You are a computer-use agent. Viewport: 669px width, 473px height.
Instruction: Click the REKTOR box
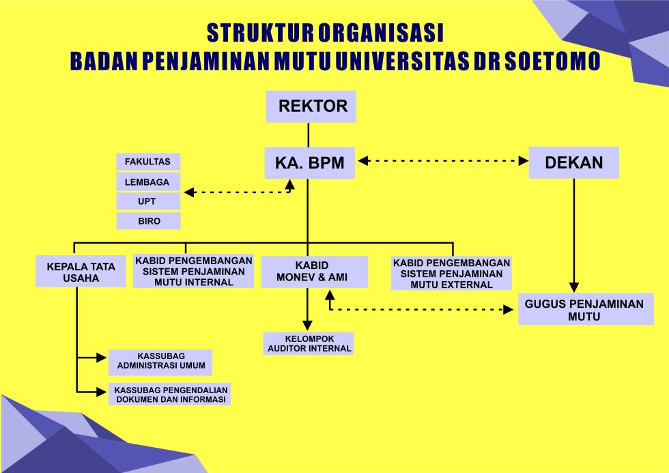coord(311,106)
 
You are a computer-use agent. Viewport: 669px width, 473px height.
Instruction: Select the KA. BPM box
coord(310,163)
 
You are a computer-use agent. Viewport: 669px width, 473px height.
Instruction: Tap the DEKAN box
coord(573,163)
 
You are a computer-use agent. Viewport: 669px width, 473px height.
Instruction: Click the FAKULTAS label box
coord(148,162)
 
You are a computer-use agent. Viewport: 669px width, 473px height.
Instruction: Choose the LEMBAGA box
coord(148,182)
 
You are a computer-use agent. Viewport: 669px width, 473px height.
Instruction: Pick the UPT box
coord(148,201)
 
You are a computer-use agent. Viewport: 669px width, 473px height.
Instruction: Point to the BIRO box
coord(148,221)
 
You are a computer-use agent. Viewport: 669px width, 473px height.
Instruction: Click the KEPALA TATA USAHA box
coord(81,272)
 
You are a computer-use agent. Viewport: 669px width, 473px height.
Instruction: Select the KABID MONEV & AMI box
coord(314,272)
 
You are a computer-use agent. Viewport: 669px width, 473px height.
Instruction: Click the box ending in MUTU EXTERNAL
coord(451,273)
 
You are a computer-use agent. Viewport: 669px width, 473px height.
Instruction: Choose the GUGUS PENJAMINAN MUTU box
coord(584,310)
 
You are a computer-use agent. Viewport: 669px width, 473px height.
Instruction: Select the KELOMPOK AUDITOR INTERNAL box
coord(309,343)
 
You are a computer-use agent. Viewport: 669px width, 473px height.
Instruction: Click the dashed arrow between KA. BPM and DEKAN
coord(444,161)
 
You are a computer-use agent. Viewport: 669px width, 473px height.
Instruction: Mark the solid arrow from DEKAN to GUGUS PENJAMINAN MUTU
coord(574,232)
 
